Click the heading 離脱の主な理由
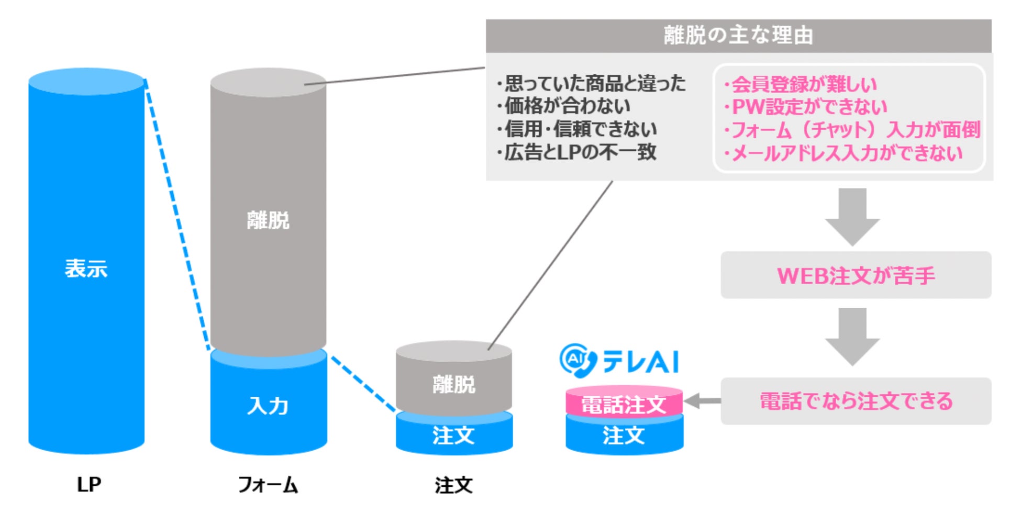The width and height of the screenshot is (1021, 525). (738, 36)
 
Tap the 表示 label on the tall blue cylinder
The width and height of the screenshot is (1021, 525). (86, 269)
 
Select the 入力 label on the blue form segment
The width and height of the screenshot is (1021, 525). (268, 406)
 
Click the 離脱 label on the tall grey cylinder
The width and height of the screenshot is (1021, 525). (268, 220)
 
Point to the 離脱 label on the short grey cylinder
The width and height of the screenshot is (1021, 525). (454, 385)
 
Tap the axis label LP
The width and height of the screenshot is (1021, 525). (88, 485)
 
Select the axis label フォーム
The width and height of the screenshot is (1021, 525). (268, 485)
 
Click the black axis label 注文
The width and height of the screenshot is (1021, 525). (453, 485)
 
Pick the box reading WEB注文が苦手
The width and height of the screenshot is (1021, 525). (856, 275)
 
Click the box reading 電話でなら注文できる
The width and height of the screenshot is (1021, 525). (856, 401)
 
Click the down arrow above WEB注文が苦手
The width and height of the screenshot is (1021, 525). (852, 216)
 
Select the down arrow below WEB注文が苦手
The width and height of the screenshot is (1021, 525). (852, 336)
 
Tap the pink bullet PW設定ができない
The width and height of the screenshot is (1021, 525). (806, 107)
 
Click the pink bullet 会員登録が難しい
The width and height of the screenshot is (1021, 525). (801, 84)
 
